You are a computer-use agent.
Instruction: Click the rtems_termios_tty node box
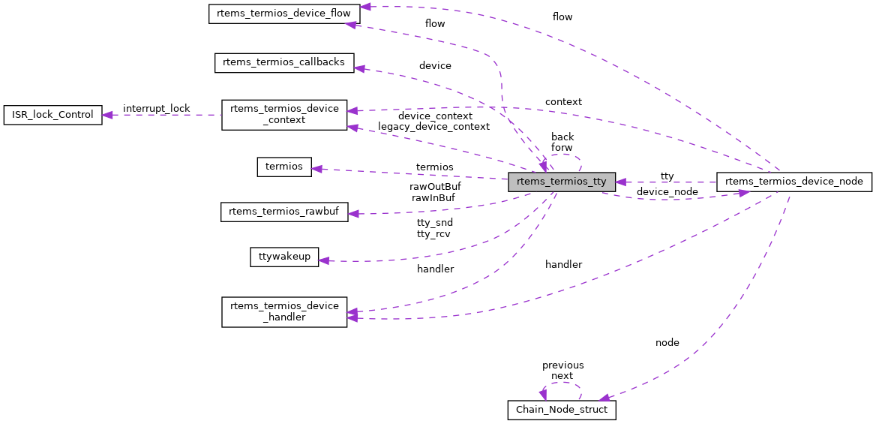562,182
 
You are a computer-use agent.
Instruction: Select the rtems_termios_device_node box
794,182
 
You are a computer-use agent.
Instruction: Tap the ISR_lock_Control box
52,115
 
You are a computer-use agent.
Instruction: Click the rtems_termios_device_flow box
284,14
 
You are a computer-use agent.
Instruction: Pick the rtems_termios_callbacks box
284,63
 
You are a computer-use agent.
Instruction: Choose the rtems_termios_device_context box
284,114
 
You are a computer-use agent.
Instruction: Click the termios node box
284,167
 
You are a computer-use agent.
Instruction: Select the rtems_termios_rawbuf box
284,212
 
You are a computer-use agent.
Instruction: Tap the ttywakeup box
284,257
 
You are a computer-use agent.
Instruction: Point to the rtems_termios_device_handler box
284,311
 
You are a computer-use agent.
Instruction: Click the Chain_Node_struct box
562,410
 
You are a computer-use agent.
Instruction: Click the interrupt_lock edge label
156,109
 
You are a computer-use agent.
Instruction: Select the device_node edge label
667,192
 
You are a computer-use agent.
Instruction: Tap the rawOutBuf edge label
435,187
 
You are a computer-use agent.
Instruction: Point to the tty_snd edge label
435,223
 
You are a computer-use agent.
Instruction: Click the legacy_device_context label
433,127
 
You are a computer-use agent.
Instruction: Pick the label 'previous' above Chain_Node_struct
562,365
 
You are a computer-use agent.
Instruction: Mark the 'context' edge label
563,102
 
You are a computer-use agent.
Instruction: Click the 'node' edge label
667,343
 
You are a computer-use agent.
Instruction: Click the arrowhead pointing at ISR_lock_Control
107,115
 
